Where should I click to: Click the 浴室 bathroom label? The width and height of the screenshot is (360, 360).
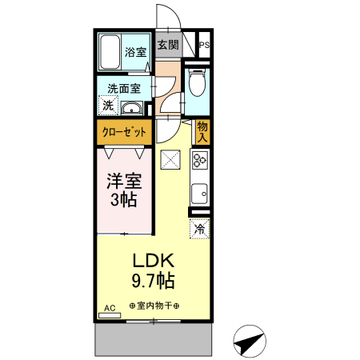(134, 53)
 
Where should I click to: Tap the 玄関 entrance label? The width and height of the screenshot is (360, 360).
(167, 45)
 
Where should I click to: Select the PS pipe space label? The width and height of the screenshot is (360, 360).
(204, 46)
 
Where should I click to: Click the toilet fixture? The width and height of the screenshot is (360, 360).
(198, 82)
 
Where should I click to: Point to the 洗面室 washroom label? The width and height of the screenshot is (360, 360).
(125, 89)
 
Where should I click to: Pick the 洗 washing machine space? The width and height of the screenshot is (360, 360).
(108, 106)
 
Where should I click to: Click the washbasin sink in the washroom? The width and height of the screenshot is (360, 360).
(131, 108)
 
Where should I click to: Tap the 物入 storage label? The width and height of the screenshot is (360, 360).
(202, 131)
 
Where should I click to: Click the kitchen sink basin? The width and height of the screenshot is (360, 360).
(199, 193)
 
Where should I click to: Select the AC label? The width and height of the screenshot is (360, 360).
(110, 308)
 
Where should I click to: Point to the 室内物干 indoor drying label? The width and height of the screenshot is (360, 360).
(154, 306)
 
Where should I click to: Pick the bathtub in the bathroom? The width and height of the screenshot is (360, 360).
(110, 52)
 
